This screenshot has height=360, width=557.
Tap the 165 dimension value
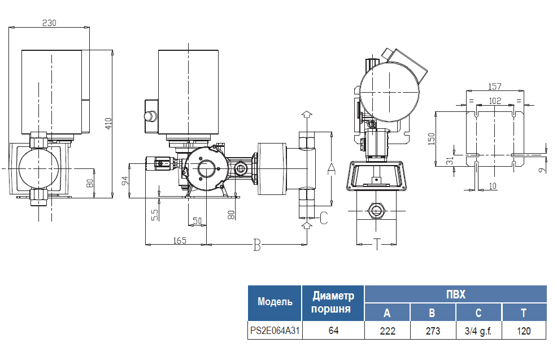[180, 240]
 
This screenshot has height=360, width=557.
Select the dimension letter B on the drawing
[257, 245]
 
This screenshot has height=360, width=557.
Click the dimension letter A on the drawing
[332, 168]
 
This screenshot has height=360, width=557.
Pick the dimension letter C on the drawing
[323, 218]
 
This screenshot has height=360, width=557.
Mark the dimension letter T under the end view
[377, 244]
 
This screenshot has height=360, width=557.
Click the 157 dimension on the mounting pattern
[495, 86]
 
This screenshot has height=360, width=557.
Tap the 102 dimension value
[495, 100]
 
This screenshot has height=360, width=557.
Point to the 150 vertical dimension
[432, 139]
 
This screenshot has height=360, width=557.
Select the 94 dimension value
[125, 180]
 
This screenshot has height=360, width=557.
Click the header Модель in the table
[275, 302]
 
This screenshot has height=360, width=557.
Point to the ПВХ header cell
[455, 294]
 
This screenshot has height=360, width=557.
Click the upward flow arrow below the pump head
[306, 225]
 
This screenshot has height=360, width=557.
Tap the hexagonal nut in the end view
[377, 211]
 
